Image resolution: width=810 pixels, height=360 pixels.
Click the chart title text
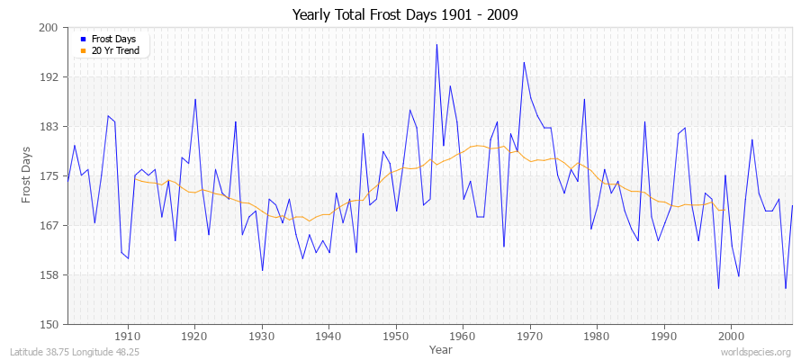click(405, 15)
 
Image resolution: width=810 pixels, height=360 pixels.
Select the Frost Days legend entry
click(113, 39)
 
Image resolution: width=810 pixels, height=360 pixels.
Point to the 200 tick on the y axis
click(49, 28)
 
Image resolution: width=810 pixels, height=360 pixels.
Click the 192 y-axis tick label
click(49, 77)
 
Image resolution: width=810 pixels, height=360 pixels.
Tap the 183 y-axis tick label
click(49, 127)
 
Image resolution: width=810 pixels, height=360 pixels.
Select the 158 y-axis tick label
click(49, 274)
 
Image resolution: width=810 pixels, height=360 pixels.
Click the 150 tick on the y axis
click(49, 324)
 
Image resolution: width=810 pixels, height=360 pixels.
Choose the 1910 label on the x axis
click(128, 335)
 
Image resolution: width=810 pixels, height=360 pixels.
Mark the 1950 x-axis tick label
click(396, 335)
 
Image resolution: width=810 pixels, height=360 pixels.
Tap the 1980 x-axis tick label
click(597, 335)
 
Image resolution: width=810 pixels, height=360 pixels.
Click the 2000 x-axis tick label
click(731, 335)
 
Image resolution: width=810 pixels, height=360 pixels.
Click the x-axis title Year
click(429, 348)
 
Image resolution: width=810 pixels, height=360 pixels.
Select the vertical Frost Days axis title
click(27, 175)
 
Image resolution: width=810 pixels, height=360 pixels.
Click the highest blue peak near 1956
click(436, 44)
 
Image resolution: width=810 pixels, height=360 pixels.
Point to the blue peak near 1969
click(524, 62)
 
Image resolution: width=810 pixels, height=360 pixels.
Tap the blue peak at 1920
click(195, 99)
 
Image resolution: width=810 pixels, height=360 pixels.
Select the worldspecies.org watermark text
click(756, 352)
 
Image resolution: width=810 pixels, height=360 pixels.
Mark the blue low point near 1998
click(718, 288)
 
